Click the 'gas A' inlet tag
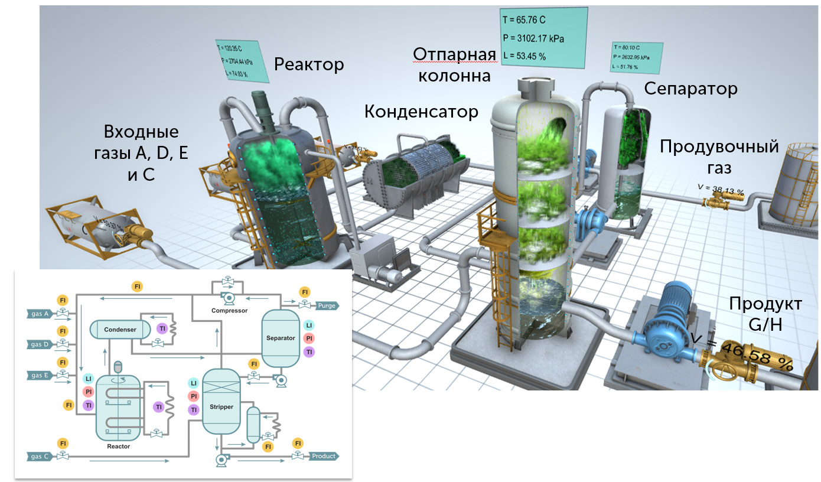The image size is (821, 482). [39, 314]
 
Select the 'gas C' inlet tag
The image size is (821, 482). [39, 457]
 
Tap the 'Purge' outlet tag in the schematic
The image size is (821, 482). [326, 306]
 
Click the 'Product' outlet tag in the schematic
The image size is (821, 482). [323, 456]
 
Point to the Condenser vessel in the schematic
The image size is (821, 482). [120, 329]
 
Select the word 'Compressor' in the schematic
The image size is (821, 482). [229, 310]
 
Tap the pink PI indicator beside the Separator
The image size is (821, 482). [308, 338]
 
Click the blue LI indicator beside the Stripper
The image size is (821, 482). [193, 383]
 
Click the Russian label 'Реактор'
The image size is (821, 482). [309, 64]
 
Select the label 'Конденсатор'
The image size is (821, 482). [421, 111]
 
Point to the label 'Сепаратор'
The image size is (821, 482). [690, 89]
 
